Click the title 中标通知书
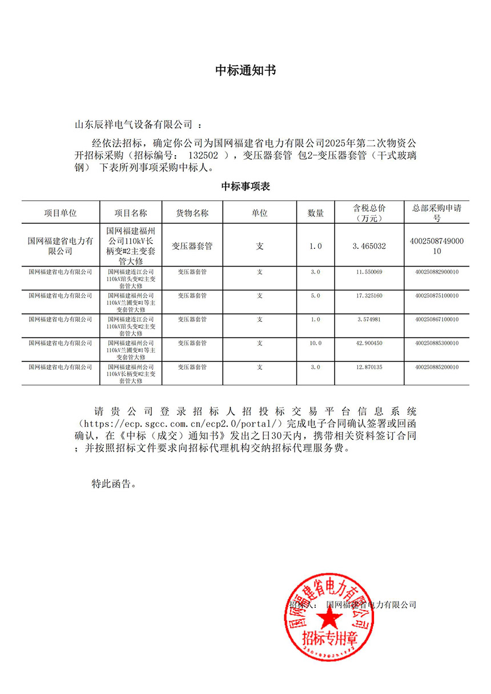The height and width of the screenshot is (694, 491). (246, 70)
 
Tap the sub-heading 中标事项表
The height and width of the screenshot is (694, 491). (246, 187)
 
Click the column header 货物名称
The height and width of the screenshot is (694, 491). (192, 213)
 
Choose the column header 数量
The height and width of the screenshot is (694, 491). (316, 213)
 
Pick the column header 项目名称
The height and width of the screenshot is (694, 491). (131, 213)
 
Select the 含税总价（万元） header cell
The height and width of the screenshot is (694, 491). (369, 213)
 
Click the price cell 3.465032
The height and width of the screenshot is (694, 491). (369, 246)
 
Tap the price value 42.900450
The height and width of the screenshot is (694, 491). (369, 343)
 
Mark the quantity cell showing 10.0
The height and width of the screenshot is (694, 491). (316, 343)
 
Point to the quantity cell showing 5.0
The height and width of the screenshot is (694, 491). (316, 296)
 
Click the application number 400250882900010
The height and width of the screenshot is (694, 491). (437, 272)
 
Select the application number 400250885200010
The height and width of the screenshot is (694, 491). (437, 367)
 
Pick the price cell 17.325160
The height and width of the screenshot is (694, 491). (369, 296)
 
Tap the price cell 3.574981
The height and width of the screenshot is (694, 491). (369, 319)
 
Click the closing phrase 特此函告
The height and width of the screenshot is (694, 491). (114, 484)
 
